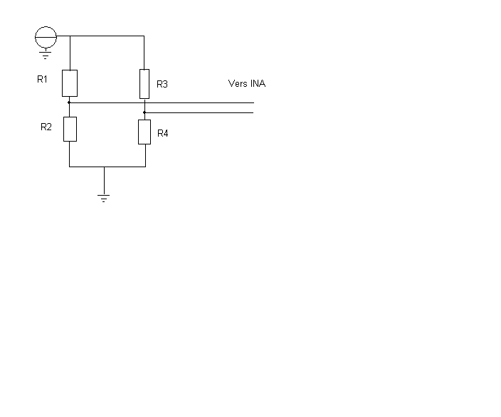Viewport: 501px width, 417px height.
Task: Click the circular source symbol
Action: tap(46, 35)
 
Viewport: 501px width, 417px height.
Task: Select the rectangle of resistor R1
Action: tap(69, 83)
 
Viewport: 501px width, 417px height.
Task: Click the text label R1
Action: tap(42, 79)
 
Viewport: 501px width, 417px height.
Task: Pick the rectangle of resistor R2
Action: tap(69, 129)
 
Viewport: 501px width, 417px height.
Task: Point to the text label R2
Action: tap(46, 127)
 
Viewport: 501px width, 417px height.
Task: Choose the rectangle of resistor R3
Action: tap(144, 83)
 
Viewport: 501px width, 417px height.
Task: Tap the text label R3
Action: tap(162, 84)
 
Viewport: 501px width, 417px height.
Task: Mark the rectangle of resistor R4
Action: tap(144, 132)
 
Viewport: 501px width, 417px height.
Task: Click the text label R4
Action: tap(162, 133)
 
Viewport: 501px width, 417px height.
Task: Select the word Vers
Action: tap(237, 83)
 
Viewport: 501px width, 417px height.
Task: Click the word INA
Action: tap(258, 83)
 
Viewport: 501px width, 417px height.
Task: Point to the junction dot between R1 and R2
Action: tap(69, 103)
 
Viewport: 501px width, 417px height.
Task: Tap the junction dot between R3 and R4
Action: tap(144, 112)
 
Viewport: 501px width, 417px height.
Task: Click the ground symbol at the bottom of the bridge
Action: tap(104, 198)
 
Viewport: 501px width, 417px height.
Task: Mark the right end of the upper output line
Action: tap(253, 103)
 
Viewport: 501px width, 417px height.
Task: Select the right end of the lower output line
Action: tap(253, 112)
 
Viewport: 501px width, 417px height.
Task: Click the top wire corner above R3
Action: tap(144, 35)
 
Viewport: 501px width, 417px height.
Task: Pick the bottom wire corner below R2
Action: tap(69, 167)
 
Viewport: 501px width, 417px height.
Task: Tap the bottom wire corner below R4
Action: tap(145, 167)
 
